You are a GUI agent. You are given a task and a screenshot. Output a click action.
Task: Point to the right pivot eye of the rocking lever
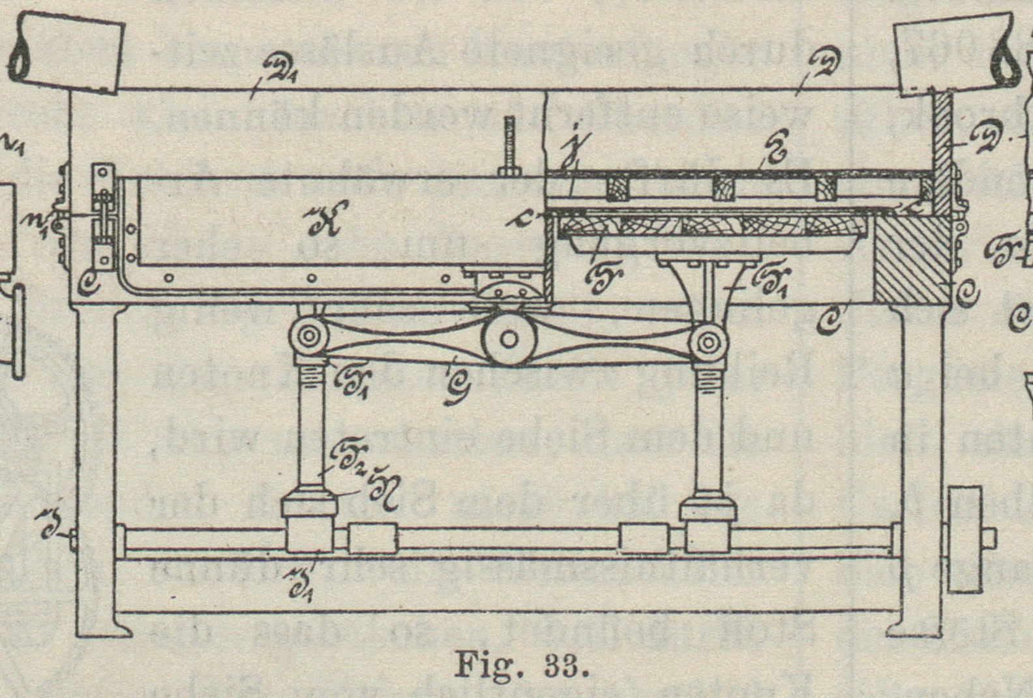[709, 341]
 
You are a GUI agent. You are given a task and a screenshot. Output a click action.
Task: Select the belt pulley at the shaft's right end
[965, 539]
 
